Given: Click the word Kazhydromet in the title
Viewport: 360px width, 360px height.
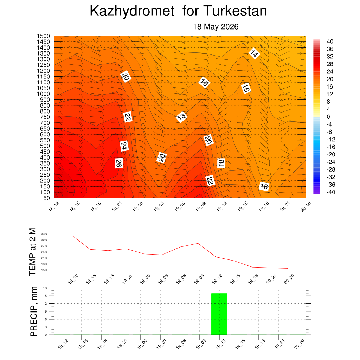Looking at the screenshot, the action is click(x=132, y=11).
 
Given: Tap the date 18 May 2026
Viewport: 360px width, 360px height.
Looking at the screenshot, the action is click(x=216, y=27).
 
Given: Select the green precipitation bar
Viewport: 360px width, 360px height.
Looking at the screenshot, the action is click(x=219, y=314).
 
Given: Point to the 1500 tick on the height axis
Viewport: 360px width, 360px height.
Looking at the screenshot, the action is click(x=43, y=36).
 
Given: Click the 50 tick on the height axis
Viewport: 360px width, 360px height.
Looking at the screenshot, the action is click(x=47, y=198).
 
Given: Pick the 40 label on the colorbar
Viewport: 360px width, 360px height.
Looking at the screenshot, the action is click(x=330, y=41).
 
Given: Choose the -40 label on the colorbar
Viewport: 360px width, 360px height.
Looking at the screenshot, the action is click(x=331, y=192).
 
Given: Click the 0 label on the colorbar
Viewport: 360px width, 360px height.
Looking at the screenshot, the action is click(x=328, y=117).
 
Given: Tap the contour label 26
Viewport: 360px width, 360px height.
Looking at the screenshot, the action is click(x=119, y=163).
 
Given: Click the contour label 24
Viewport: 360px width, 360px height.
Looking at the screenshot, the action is click(x=124, y=146).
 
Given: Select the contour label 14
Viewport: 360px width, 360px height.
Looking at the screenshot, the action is click(x=254, y=54).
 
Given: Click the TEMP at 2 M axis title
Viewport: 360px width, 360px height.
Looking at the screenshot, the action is click(x=33, y=252).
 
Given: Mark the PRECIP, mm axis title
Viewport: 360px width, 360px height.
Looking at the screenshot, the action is click(x=33, y=311).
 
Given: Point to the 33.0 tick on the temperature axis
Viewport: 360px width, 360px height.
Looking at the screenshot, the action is click(x=44, y=234).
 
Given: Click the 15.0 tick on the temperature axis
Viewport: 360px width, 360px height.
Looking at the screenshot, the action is click(x=44, y=270).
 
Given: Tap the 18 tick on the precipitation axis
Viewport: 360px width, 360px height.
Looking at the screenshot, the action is click(x=45, y=288).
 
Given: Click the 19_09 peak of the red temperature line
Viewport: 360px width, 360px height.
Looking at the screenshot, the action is click(x=198, y=243).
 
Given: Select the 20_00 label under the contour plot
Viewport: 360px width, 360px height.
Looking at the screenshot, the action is click(x=306, y=207).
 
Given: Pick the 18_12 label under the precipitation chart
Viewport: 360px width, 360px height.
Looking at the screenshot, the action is click(x=63, y=344).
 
